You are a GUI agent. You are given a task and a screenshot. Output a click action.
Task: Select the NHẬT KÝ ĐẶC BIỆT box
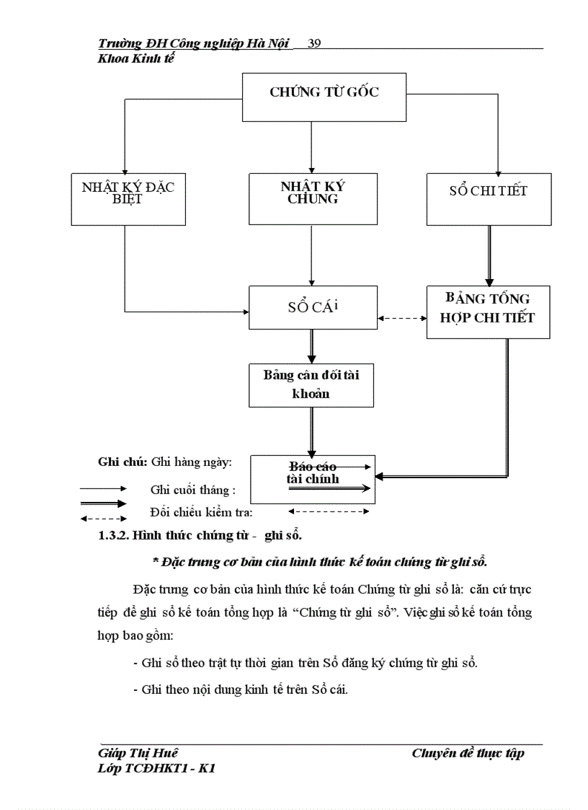128,199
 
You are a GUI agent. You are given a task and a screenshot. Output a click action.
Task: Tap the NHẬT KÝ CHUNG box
312,199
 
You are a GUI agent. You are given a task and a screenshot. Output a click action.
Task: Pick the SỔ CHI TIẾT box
489,199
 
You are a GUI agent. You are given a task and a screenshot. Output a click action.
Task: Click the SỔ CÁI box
312,308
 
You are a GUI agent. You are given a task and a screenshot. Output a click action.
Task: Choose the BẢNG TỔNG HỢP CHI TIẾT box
488,312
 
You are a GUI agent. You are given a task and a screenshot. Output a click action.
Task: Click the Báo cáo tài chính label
313,473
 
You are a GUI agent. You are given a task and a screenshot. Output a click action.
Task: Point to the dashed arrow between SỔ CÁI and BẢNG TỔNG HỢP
401,317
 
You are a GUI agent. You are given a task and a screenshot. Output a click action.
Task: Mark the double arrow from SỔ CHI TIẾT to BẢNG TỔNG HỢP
490,256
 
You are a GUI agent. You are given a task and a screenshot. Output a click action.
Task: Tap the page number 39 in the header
314,43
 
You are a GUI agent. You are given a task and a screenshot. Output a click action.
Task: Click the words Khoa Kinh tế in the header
136,58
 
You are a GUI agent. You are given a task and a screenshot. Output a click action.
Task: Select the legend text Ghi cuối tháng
193,490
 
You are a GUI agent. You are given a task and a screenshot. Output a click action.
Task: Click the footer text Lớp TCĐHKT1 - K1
156,769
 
